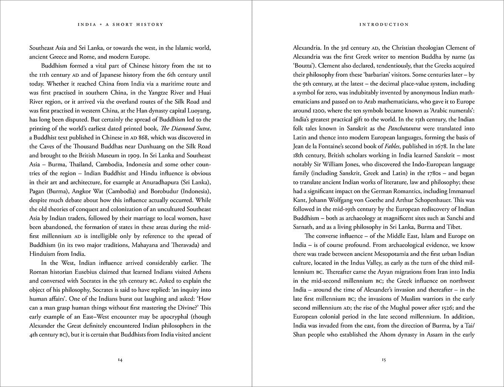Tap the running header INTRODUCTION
(x=384, y=25)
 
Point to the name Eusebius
(x=113, y=271)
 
